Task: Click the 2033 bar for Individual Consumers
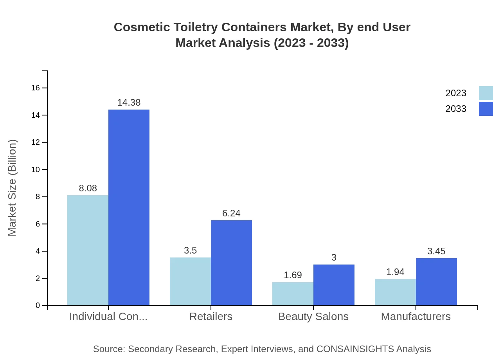tap(129, 207)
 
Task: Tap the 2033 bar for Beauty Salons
tap(334, 285)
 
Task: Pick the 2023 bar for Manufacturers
tap(395, 292)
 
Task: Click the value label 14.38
tap(129, 103)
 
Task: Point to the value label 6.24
tap(231, 213)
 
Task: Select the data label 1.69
tap(293, 275)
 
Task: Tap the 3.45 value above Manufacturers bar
tap(436, 251)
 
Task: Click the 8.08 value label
tap(88, 188)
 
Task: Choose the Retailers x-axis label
tap(211, 316)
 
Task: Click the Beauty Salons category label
tap(313, 316)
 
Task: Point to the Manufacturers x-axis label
tap(416, 316)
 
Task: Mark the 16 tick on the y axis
tap(36, 88)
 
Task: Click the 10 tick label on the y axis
tap(36, 169)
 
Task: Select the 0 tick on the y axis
tap(38, 306)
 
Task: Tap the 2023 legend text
tap(456, 93)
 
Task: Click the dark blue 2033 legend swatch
tap(486, 109)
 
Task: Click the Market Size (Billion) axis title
tap(13, 188)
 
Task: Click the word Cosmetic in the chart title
tap(137, 27)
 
